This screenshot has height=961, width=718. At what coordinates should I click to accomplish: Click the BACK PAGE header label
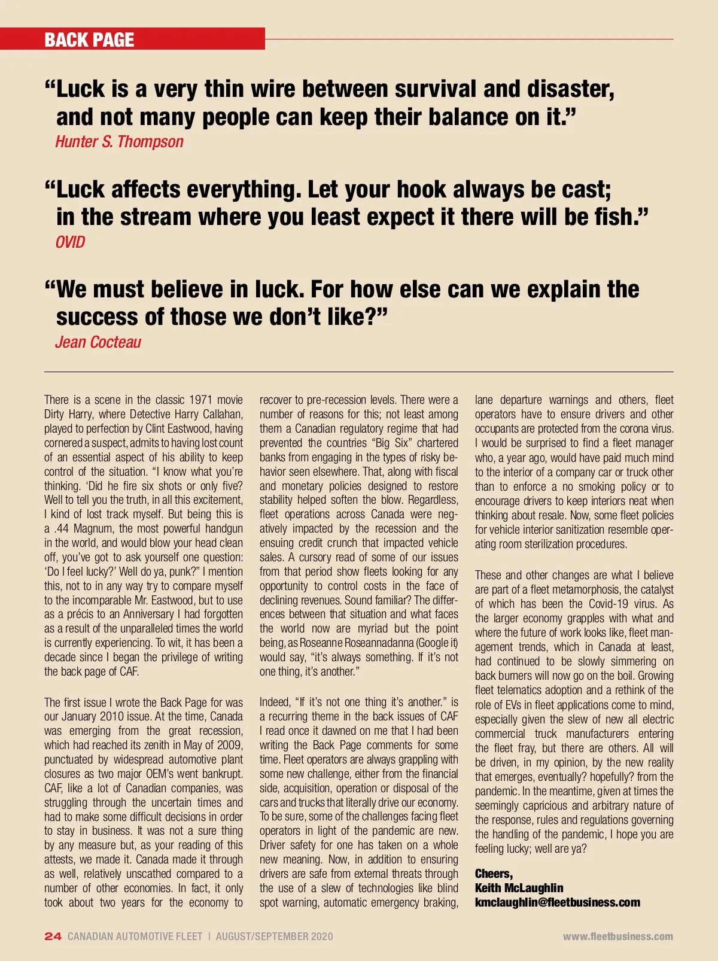[x=89, y=40]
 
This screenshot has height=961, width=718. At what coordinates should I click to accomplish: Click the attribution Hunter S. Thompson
[x=119, y=142]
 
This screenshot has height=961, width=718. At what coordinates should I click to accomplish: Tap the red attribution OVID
[x=70, y=242]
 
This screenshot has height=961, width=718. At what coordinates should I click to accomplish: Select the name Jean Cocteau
[x=98, y=342]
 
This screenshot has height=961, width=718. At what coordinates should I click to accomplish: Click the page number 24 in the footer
[x=53, y=936]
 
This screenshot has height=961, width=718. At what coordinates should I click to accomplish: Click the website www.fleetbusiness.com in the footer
[x=617, y=936]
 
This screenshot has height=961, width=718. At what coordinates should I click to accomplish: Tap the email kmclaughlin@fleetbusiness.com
[x=557, y=902]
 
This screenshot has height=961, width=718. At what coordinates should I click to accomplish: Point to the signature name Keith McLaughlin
[x=519, y=888]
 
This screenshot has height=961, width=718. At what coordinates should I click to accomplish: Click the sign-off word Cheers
[x=493, y=874]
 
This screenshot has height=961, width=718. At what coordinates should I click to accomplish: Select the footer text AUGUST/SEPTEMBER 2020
[x=274, y=936]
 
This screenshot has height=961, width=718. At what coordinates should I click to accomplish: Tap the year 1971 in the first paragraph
[x=200, y=400]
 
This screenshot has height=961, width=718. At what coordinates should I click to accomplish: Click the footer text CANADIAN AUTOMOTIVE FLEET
[x=135, y=936]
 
